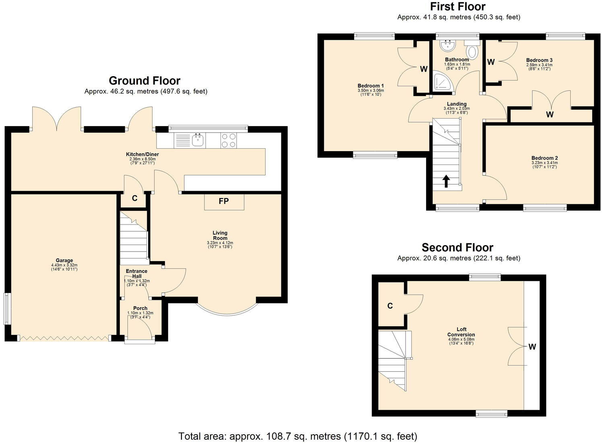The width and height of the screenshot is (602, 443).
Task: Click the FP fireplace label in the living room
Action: (x=224, y=201)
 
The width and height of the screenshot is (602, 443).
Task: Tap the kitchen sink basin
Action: (x=198, y=140)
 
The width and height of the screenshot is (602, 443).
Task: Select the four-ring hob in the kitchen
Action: (x=229, y=141)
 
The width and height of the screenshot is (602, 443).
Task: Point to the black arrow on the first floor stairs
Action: (x=446, y=181)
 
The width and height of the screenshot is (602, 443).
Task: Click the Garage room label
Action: (x=64, y=260)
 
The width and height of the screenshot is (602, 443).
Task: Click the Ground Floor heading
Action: (x=144, y=81)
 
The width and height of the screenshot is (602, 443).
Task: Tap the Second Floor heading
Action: (x=458, y=247)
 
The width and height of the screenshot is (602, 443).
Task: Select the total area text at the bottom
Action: (x=298, y=436)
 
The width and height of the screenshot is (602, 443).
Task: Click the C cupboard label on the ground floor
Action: (x=135, y=198)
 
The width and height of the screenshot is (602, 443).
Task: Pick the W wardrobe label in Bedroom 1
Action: (x=424, y=69)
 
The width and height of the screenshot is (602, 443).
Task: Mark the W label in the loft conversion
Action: (x=532, y=347)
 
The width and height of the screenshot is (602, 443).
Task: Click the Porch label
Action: (x=140, y=308)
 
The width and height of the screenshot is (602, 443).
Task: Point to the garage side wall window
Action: (x=6, y=308)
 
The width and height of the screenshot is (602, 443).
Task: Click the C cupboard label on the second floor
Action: (x=390, y=306)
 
